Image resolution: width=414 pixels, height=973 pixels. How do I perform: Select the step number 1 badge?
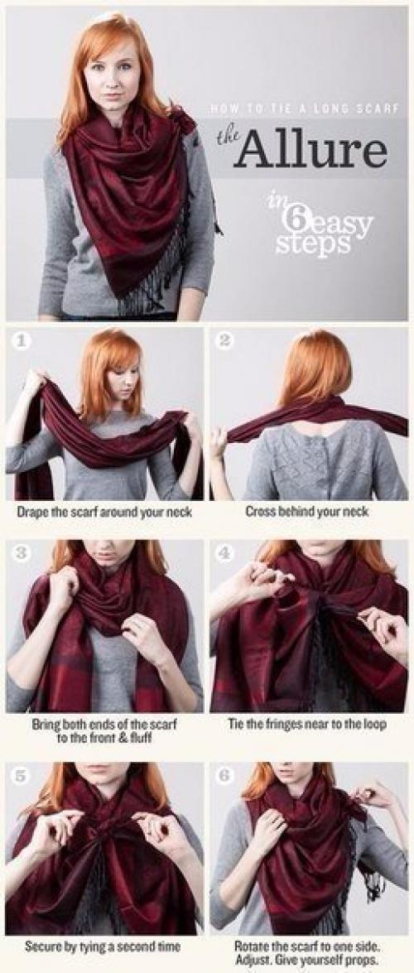tap(21, 341)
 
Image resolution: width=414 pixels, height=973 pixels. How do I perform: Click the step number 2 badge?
tap(224, 340)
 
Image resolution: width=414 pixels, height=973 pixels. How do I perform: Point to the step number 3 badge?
tap(21, 552)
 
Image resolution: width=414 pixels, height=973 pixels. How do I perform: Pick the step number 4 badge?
tap(224, 552)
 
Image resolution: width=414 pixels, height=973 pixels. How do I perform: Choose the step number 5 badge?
tap(21, 776)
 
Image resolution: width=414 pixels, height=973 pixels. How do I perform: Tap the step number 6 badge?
tap(224, 776)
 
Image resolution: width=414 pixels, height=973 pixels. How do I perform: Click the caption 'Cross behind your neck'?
tap(306, 512)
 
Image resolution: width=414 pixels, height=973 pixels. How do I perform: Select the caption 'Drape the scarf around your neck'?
tap(103, 513)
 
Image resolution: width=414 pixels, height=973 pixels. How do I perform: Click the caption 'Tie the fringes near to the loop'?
tap(307, 725)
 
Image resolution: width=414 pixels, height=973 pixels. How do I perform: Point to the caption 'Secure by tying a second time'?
tap(103, 947)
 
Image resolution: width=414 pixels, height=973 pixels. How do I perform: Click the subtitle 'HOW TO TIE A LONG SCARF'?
tap(304, 109)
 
